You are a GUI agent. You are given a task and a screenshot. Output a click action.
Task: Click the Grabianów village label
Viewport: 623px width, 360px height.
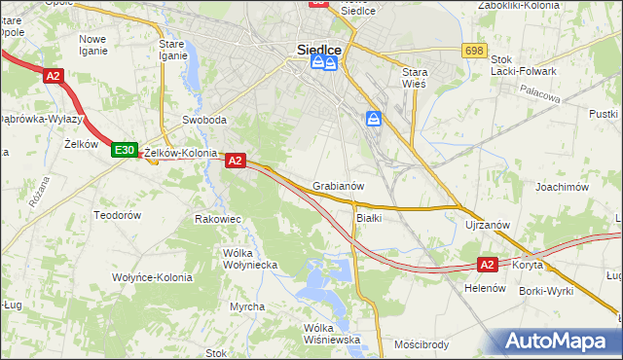click(x=339, y=186)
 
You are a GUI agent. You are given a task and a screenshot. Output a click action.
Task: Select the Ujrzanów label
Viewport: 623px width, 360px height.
click(x=488, y=225)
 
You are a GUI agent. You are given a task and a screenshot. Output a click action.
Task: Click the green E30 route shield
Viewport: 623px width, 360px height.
click(x=124, y=151)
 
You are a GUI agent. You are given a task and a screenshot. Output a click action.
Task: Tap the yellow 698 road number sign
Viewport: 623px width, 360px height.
click(x=475, y=50)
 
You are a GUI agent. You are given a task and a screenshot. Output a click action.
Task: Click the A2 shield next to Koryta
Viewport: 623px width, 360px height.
click(x=489, y=264)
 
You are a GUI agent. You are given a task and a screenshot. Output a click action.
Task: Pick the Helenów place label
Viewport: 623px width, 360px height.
click(x=482, y=289)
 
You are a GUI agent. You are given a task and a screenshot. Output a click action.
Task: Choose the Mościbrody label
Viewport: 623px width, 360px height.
click(x=421, y=344)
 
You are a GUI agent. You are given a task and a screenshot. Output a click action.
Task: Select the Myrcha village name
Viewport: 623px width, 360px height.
click(x=247, y=306)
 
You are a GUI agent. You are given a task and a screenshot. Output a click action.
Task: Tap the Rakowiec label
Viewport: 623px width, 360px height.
click(x=218, y=219)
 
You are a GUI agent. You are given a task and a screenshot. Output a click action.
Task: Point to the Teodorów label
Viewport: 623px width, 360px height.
click(x=118, y=214)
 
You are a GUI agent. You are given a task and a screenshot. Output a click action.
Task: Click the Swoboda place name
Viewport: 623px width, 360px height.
click(x=204, y=121)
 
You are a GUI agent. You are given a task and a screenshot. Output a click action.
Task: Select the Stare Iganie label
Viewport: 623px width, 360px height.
click(x=173, y=50)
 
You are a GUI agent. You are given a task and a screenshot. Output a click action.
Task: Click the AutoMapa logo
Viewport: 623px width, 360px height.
click(x=559, y=342)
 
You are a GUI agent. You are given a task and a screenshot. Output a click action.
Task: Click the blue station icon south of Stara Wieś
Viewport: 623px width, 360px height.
click(x=375, y=119)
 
